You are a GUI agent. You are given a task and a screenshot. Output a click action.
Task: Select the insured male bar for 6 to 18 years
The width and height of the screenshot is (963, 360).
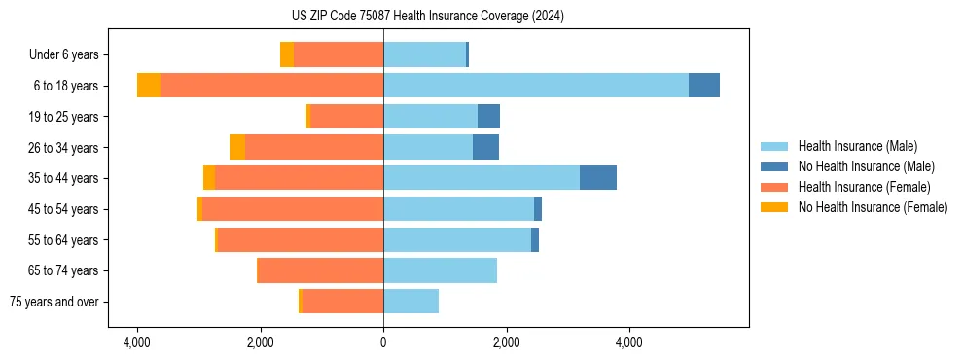536,86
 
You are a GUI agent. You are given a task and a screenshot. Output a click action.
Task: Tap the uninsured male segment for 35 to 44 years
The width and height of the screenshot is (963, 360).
598,178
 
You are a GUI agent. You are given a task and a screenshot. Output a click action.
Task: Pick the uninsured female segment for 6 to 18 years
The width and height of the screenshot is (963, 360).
149,86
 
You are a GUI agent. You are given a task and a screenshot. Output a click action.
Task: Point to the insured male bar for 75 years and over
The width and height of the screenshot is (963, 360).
410,302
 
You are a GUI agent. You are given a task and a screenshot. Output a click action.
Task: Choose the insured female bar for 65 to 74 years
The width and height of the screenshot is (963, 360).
320,270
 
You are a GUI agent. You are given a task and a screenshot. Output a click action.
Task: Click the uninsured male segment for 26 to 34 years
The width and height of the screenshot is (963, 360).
485,147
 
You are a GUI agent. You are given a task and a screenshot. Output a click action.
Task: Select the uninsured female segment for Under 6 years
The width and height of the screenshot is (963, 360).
287,54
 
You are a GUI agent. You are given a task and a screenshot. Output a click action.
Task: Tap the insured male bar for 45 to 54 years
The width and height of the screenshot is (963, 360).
458,209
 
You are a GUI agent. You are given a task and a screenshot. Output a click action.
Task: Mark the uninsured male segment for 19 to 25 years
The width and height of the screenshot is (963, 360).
488,117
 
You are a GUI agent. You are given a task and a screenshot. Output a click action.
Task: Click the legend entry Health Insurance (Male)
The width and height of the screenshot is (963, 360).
857,146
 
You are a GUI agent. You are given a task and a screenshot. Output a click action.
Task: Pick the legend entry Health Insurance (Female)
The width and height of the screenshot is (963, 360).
864,187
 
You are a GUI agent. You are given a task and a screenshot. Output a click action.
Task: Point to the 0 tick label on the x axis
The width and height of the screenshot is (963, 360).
383,342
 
